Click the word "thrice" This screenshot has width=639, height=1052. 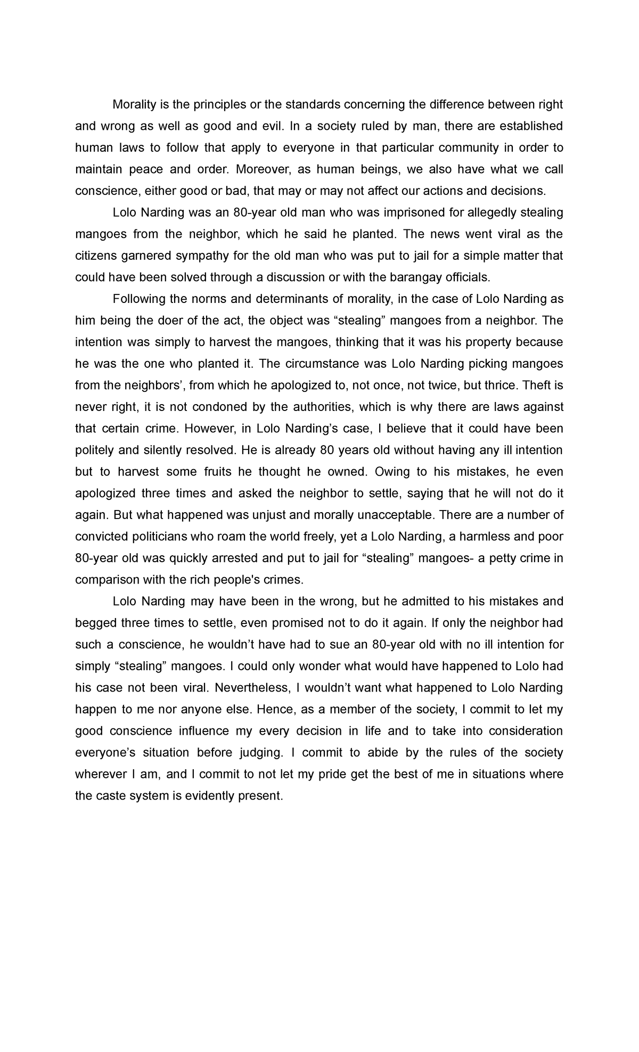500,385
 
